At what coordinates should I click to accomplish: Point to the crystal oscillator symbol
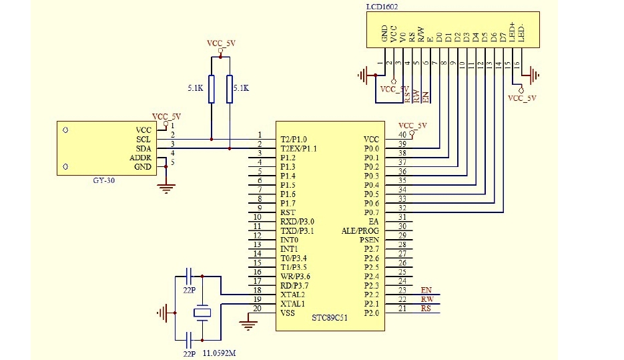202,312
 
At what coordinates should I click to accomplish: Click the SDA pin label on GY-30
143,148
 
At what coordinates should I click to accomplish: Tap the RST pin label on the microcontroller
288,212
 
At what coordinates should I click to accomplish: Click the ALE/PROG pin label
360,230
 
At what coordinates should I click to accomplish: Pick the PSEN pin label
369,240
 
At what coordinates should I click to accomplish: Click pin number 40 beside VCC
402,135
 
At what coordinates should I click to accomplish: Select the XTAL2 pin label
292,295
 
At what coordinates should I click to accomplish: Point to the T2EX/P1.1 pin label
298,148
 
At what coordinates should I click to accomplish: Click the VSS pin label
288,313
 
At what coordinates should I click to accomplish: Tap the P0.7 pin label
371,212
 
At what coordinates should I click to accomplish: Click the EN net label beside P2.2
426,290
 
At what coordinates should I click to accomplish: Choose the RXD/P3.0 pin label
297,221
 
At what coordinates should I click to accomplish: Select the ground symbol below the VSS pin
248,325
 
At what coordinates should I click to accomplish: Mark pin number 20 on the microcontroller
258,309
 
